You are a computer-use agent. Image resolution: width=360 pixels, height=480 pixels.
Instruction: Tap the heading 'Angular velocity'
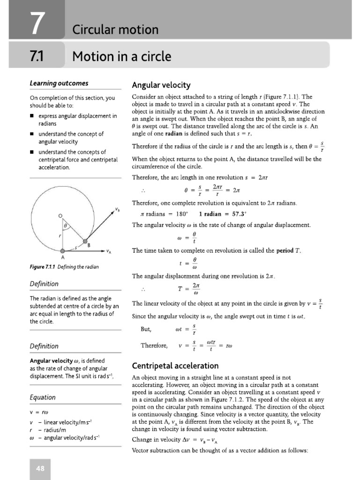(x=161, y=85)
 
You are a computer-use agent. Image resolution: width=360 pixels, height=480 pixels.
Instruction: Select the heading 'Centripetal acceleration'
(x=175, y=366)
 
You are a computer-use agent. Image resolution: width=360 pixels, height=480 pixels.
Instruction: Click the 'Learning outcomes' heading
(x=59, y=83)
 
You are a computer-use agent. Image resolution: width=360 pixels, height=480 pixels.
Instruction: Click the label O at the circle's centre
(x=60, y=215)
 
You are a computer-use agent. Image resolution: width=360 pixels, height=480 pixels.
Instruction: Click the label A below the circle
(x=63, y=258)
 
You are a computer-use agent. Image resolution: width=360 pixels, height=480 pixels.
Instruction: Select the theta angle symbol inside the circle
(x=66, y=225)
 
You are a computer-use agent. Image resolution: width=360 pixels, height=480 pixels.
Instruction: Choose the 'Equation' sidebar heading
(x=42, y=397)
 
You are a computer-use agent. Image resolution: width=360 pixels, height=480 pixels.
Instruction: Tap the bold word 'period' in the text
(x=284, y=251)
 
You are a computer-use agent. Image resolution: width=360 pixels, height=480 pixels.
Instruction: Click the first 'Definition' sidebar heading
(x=44, y=284)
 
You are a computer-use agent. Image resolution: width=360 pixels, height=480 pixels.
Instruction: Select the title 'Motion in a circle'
(x=121, y=57)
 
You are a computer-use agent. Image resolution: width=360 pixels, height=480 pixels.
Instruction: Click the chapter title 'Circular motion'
(x=115, y=30)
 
